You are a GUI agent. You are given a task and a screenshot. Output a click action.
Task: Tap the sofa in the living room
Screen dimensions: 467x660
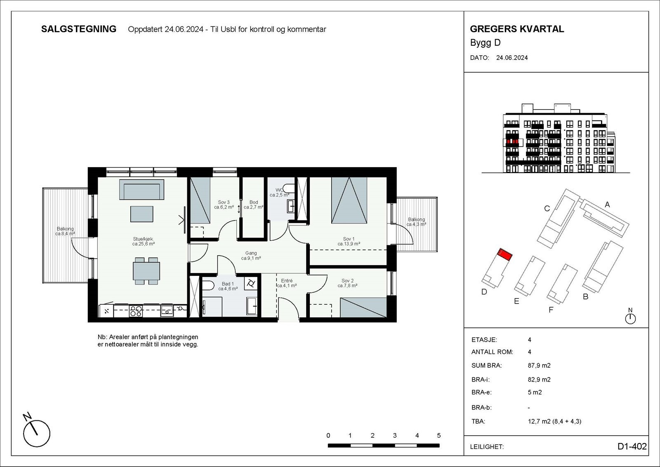click(x=141, y=190)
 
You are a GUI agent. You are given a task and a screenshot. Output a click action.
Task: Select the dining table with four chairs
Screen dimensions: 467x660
click(x=146, y=271)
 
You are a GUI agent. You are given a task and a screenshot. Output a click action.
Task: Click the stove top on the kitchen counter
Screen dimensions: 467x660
click(x=136, y=311)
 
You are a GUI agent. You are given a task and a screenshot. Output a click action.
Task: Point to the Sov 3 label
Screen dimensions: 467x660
click(x=224, y=205)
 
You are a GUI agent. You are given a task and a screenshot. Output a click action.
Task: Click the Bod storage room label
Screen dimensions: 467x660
click(x=253, y=205)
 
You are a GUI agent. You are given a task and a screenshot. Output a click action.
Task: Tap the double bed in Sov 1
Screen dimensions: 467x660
click(x=349, y=200)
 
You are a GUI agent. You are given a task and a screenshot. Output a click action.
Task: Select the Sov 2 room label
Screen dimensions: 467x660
click(x=347, y=283)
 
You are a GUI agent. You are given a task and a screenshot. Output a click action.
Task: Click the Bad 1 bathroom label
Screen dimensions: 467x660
click(x=228, y=286)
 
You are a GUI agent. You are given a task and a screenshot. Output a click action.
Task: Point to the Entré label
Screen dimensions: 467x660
click(x=287, y=283)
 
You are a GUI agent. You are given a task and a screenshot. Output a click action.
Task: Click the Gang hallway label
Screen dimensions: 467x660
click(x=251, y=256)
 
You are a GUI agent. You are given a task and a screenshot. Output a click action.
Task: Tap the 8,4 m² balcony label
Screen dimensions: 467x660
click(x=65, y=231)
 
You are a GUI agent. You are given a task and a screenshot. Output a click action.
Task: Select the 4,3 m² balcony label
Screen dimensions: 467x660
click(x=416, y=222)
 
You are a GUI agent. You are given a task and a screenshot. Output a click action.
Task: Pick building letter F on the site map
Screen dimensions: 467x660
click(x=551, y=310)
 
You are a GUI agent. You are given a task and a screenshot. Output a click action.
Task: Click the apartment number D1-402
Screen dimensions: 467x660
click(x=632, y=446)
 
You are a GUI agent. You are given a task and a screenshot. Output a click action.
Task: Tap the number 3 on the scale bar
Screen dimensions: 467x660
click(x=395, y=436)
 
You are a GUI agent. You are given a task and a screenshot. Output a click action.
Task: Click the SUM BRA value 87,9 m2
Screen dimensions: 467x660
click(x=539, y=365)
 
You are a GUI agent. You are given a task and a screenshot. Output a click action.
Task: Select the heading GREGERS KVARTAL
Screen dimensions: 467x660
click(x=517, y=29)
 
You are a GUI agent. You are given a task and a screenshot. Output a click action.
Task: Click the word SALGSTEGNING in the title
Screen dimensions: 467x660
click(x=79, y=29)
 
